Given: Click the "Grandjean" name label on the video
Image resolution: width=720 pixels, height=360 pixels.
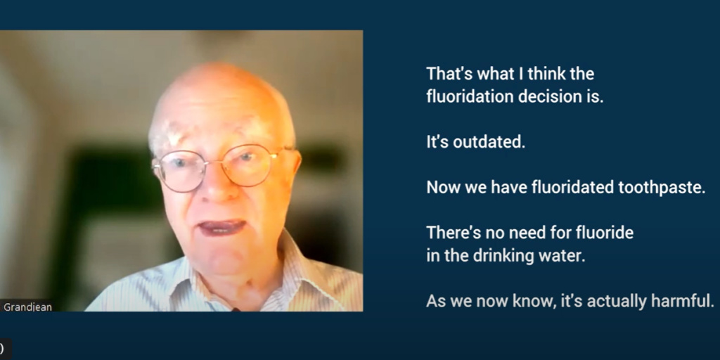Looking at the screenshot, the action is (27, 307).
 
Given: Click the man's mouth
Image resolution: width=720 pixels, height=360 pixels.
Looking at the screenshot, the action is (222, 227).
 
